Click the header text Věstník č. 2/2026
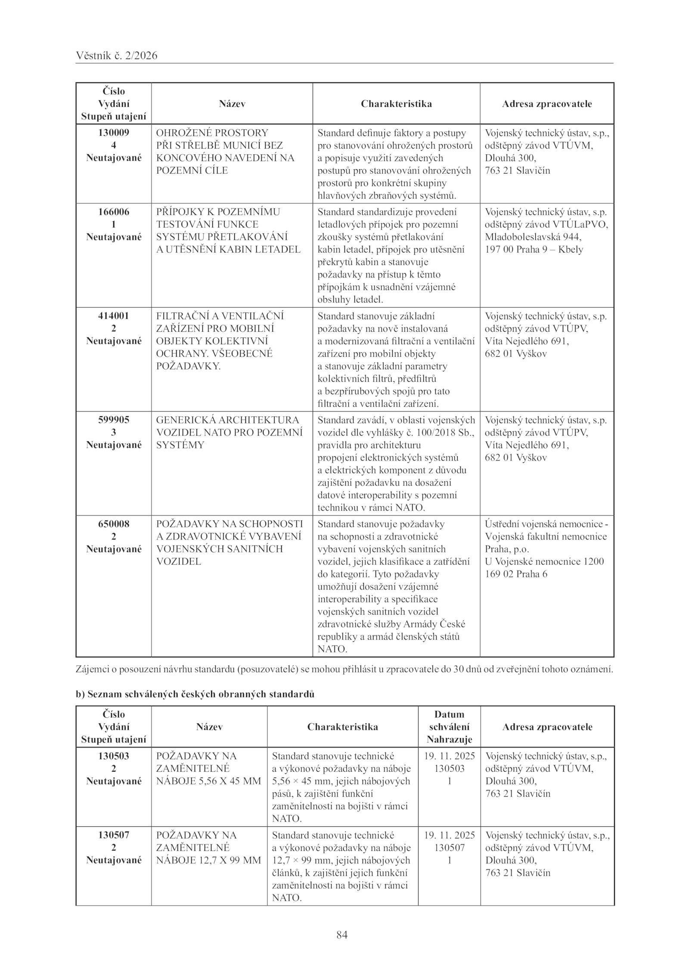[116, 56]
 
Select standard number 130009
[114, 133]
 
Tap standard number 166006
[114, 212]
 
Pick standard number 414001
[114, 316]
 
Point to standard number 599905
[114, 420]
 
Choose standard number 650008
[114, 524]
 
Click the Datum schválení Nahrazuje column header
[449, 727]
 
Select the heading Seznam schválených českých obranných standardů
[201, 694]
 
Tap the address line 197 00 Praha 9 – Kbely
[534, 249]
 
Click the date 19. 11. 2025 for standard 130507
[449, 835]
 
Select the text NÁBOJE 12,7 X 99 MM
[208, 860]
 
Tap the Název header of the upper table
[232, 104]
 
